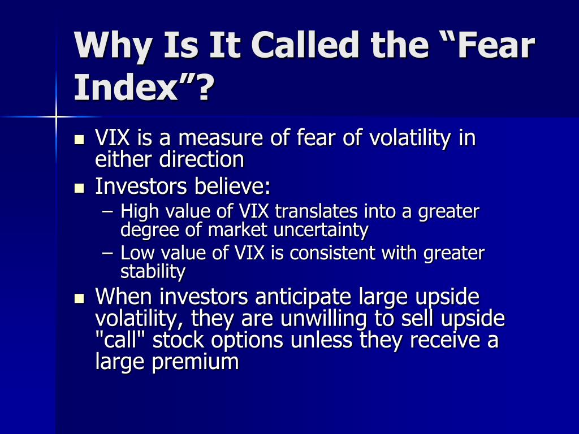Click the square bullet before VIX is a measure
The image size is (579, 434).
coord(79,139)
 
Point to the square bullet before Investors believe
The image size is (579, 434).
coord(79,187)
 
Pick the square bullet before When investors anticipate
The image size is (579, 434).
coord(79,298)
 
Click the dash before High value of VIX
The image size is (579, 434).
coord(109,212)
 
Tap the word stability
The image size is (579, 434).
coord(153,272)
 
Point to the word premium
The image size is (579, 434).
coord(195,362)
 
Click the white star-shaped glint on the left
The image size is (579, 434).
coord(56,116)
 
